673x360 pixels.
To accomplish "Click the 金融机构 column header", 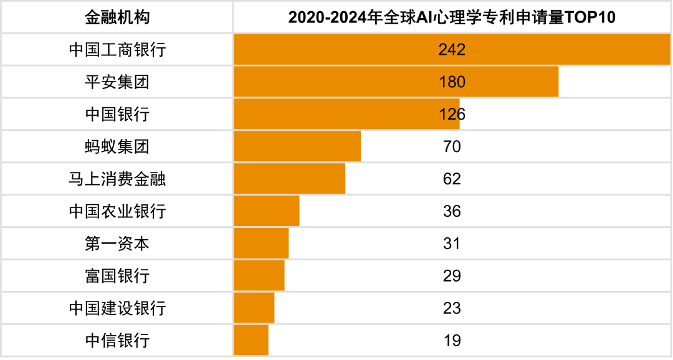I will [x=117, y=17].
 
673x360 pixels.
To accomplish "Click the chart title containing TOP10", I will [x=452, y=17].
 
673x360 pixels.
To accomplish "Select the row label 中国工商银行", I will [x=117, y=49].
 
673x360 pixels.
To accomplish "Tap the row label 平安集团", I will [x=117, y=82].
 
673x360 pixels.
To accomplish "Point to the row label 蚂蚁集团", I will [x=117, y=146].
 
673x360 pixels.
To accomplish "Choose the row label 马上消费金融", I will [x=117, y=179].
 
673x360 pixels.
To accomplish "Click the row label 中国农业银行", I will [x=117, y=211].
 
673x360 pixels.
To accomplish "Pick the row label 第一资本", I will [x=117, y=244].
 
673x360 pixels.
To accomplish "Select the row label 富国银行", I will [x=117, y=276].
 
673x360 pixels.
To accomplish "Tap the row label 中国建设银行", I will [x=117, y=308].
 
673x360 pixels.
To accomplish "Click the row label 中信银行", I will [x=117, y=341].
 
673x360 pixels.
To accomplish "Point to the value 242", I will [x=452, y=49].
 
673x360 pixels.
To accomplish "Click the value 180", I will [x=452, y=82].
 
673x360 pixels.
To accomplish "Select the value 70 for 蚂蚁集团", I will [x=452, y=146].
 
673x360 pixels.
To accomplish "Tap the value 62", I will [x=452, y=179].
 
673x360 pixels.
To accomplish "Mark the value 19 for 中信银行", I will [x=452, y=341].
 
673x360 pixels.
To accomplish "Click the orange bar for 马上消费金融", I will [x=290, y=179].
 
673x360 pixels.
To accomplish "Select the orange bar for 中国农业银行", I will [x=267, y=211].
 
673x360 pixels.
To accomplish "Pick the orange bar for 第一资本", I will [x=261, y=244].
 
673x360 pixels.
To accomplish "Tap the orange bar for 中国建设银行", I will [x=254, y=308].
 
